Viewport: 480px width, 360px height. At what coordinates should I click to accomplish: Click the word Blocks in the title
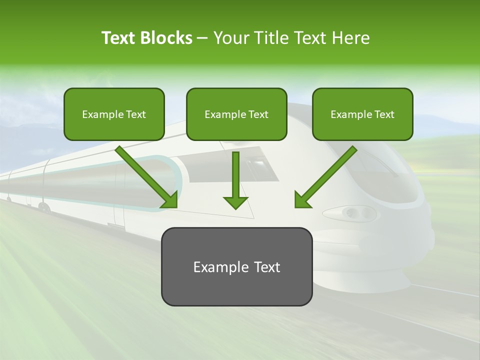[x=167, y=38]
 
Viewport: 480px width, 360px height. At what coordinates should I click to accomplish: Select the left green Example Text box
[x=114, y=114]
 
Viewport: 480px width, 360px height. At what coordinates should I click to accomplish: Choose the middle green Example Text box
[x=236, y=114]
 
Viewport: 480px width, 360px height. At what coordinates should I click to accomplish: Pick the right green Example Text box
[x=362, y=114]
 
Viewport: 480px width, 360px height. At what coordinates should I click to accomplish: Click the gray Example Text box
[x=236, y=266]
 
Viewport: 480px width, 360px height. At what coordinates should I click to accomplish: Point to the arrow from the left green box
[x=145, y=175]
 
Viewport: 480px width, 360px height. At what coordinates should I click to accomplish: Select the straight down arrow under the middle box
[x=235, y=180]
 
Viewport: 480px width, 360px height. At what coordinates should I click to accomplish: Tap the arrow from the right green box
[x=327, y=175]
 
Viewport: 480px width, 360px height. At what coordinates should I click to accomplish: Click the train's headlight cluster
[x=353, y=213]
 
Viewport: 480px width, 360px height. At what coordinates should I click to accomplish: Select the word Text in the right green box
[x=384, y=114]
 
